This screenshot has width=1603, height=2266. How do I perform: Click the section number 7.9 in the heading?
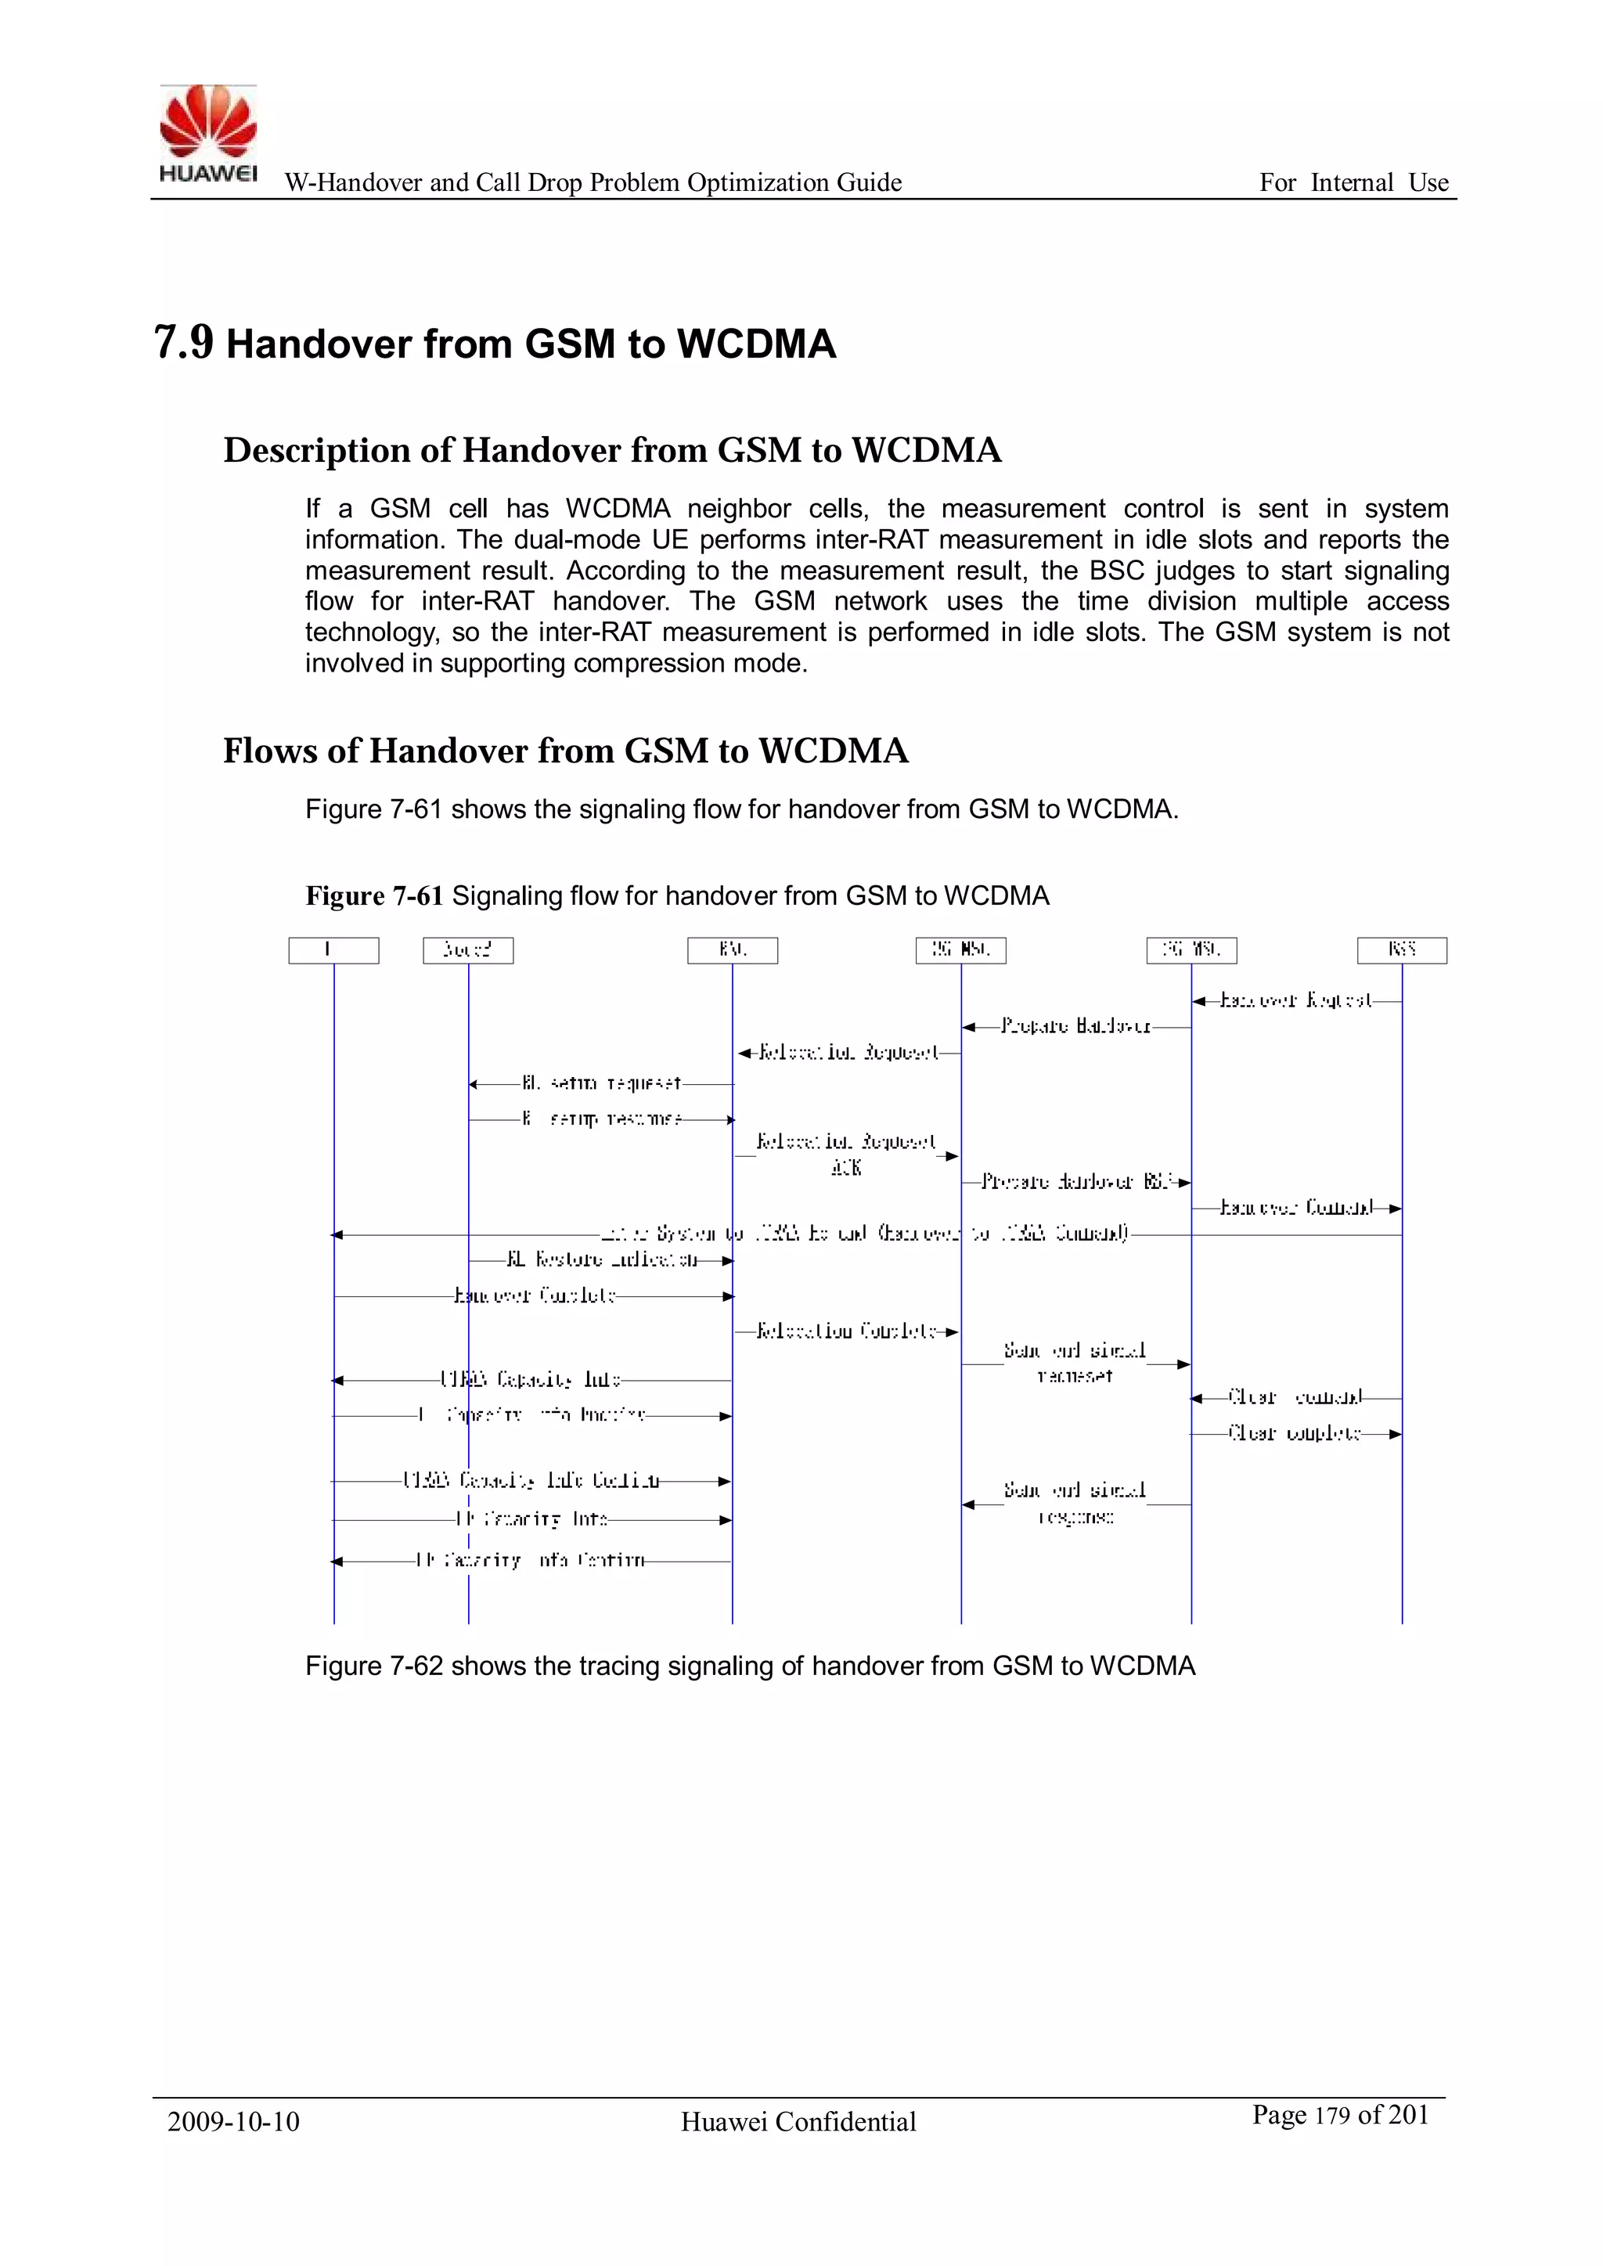coord(184,343)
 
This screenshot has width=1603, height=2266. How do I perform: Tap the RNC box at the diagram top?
coord(733,949)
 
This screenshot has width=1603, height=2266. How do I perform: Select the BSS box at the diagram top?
coord(1402,949)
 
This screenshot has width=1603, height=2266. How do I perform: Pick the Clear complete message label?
coord(1294,1433)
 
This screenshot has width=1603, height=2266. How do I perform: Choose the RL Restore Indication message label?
coord(602,1260)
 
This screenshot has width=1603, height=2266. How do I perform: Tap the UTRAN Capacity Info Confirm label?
coord(531,1480)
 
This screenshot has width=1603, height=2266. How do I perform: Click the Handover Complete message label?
coord(534,1296)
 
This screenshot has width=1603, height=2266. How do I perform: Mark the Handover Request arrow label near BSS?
coord(1295,1001)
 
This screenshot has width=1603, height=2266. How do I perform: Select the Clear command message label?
coord(1294,1397)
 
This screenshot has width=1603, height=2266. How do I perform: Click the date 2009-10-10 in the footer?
coord(233,2121)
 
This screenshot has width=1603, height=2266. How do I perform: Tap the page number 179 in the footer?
coord(1331,2116)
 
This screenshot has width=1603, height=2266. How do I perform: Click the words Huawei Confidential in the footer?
coord(798,2122)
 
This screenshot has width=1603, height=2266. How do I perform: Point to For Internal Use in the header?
coord(1353,182)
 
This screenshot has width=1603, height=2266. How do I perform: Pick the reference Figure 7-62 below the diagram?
coord(373,1666)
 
